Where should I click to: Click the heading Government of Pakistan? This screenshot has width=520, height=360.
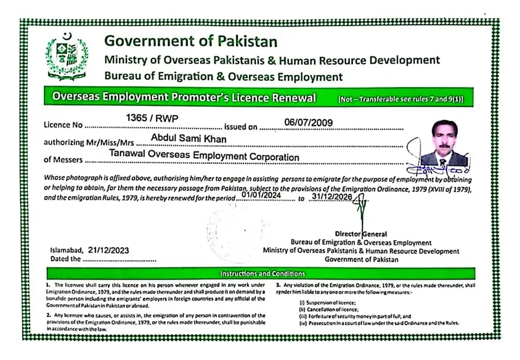click(191, 41)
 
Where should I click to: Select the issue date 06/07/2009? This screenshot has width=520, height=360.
click(309, 122)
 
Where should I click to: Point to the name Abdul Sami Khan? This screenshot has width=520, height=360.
click(189, 138)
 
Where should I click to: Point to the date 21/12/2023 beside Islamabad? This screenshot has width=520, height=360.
click(108, 250)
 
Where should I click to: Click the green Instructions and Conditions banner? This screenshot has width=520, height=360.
click(262, 274)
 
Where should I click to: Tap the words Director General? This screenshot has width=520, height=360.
click(361, 234)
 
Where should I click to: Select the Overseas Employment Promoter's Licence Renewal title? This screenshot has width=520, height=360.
click(184, 97)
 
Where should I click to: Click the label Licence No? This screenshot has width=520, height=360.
click(62, 126)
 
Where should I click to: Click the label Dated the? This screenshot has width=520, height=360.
click(65, 259)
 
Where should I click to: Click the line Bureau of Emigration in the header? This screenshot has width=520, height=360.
click(223, 77)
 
